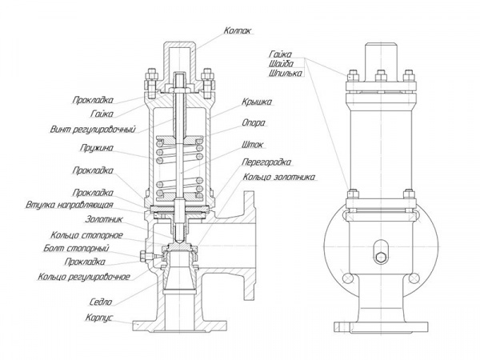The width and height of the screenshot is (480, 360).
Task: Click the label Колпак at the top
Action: [238, 30]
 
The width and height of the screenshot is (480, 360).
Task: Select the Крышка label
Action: [257, 102]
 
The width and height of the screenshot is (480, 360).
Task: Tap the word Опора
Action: [254, 123]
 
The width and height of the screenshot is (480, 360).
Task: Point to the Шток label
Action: [252, 145]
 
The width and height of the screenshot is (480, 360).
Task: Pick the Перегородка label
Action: [266, 162]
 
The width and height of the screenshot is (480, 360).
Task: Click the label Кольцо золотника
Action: [279, 178]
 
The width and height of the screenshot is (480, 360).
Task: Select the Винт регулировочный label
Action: [93, 130]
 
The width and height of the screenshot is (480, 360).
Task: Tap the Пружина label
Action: [97, 148]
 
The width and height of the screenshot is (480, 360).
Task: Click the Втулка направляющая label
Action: [70, 205]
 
